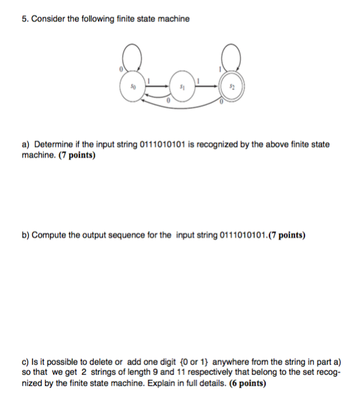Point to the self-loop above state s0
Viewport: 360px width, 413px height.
(x=132, y=57)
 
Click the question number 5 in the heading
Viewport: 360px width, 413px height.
(x=24, y=19)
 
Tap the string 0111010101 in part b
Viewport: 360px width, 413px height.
(x=243, y=235)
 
